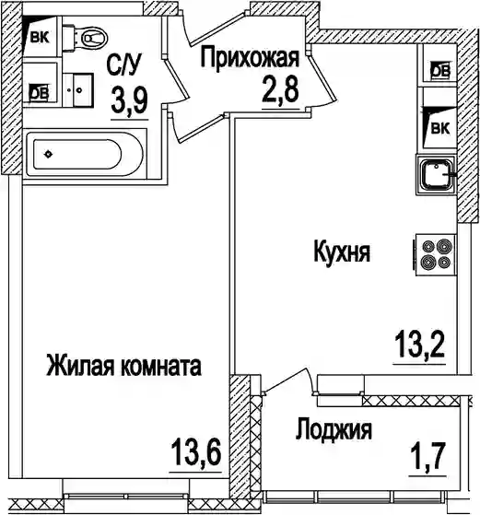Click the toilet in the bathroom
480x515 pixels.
[x=85, y=39]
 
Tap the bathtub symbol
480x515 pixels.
[x=85, y=154]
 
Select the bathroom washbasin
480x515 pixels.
[x=78, y=89]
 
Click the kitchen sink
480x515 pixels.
[x=436, y=175]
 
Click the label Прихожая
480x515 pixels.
[x=250, y=58]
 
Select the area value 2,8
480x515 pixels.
[x=280, y=90]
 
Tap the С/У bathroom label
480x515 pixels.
[x=123, y=64]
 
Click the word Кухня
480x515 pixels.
[x=342, y=252]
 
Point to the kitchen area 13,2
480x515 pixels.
[x=419, y=345]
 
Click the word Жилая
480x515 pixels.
[x=81, y=366]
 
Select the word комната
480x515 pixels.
[x=161, y=367]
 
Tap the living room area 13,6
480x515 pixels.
[x=195, y=452]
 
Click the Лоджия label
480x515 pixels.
[x=334, y=429]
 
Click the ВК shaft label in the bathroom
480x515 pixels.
[x=40, y=38]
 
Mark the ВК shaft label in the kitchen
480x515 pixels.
[x=439, y=128]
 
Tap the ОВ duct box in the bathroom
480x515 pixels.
[x=40, y=94]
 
